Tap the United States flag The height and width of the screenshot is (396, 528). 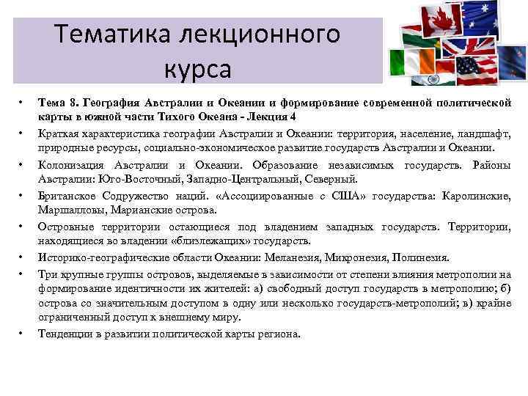tap(477, 70)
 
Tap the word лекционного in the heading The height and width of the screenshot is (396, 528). tap(265, 34)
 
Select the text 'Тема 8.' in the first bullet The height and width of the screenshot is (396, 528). tap(56, 103)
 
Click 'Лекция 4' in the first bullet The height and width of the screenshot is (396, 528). tap(274, 117)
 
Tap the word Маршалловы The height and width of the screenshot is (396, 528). tap(70, 210)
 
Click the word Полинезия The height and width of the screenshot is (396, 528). tap(419, 257)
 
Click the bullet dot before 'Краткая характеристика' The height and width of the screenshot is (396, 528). tap(22, 134)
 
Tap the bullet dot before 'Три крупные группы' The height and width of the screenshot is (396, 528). tap(22, 274)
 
